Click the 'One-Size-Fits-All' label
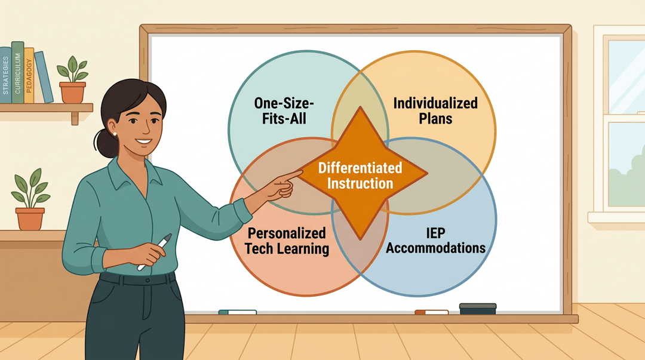[284, 110]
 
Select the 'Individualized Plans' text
[435, 110]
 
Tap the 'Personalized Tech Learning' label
[287, 241]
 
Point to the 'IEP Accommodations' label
[435, 241]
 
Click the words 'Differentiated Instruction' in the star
[360, 176]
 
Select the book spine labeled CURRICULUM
[18, 72]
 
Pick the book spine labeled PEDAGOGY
[29, 75]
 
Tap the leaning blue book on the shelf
[44, 77]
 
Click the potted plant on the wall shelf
[73, 80]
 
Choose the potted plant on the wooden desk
[30, 199]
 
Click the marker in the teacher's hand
[155, 252]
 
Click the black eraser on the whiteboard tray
[478, 309]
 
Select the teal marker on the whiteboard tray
[237, 312]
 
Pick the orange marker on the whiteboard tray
[432, 312]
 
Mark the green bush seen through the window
[626, 181]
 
